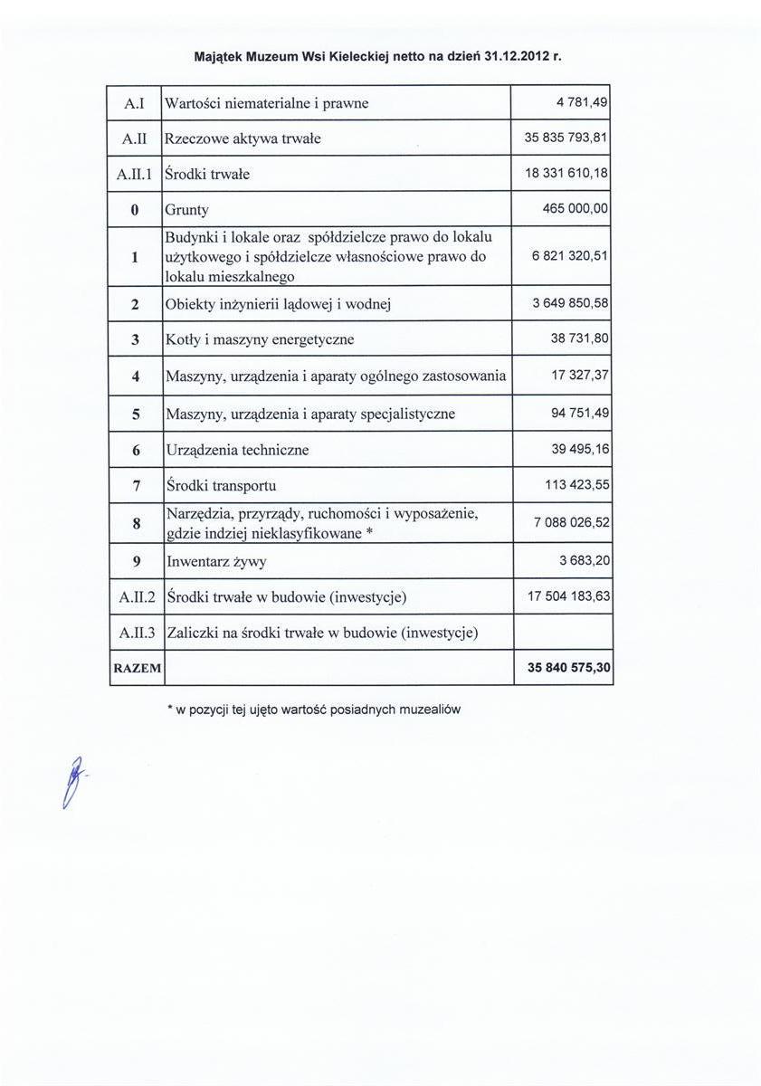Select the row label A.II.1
135,175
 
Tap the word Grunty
187,210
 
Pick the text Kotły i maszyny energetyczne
261,340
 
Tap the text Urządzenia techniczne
238,450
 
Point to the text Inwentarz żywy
217,561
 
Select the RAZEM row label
136,669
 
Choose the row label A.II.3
135,633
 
